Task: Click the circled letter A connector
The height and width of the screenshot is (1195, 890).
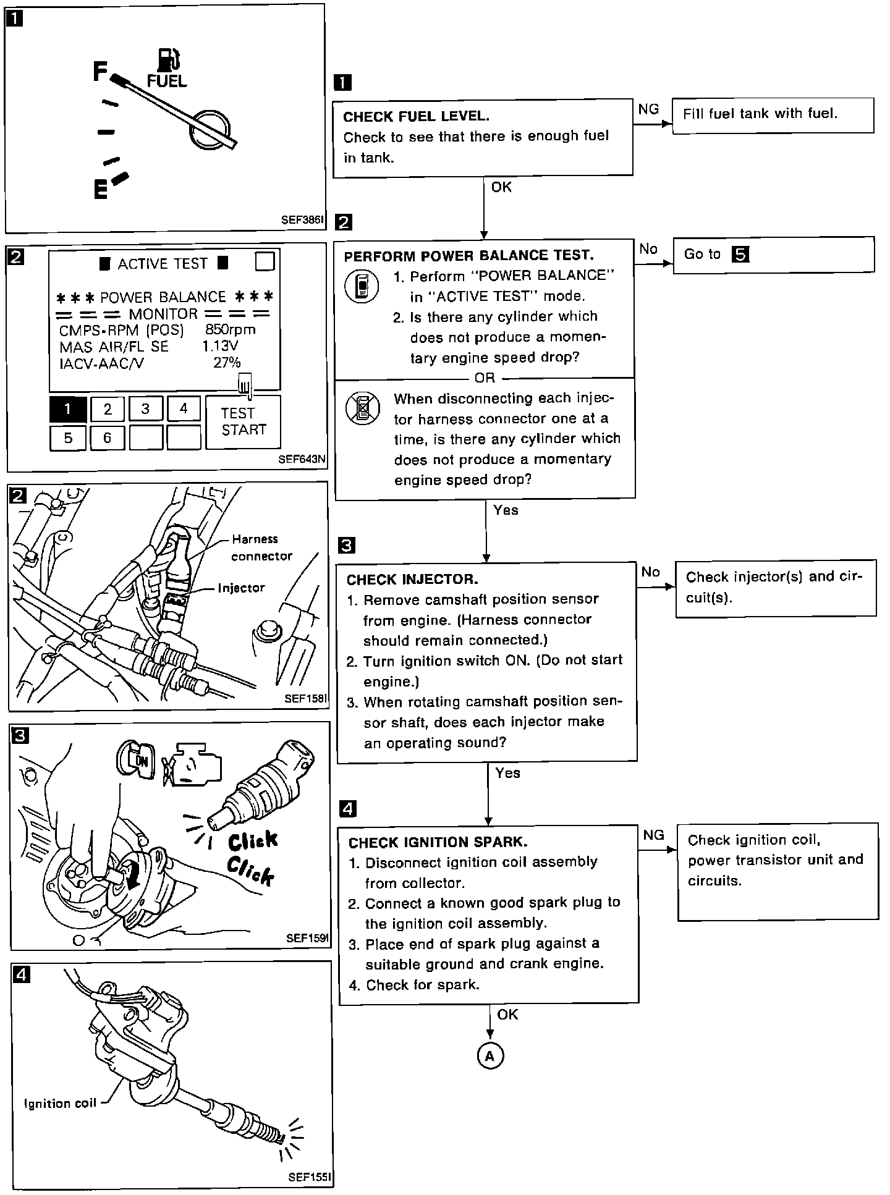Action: tap(490, 1056)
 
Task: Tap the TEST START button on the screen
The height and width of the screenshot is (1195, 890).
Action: tap(243, 421)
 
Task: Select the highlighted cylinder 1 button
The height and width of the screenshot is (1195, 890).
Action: tap(67, 408)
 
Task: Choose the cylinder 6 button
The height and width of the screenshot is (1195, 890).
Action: tap(107, 438)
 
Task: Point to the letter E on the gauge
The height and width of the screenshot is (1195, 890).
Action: tap(100, 190)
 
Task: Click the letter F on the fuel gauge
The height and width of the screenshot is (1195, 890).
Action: tap(101, 72)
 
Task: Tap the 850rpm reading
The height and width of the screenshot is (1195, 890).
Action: tap(230, 330)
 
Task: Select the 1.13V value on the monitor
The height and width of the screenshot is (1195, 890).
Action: tap(220, 346)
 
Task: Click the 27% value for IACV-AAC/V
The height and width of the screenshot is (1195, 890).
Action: tap(227, 363)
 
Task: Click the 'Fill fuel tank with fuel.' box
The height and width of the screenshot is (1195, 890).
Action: tap(773, 115)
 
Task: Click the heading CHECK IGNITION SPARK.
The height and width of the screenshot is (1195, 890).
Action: tap(438, 842)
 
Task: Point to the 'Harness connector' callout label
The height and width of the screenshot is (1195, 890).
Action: tap(261, 547)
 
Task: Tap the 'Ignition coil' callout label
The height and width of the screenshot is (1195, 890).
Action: tap(60, 1103)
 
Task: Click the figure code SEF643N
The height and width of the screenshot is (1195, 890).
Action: tap(301, 459)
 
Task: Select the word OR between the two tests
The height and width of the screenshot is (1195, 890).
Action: tap(485, 378)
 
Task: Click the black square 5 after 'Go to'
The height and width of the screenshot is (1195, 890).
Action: tap(740, 255)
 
